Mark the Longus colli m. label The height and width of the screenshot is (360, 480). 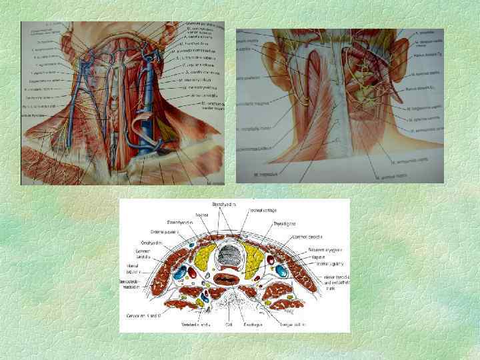tap(295, 325)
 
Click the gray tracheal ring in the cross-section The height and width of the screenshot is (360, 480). tap(231, 254)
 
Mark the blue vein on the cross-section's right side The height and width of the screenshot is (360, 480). tap(281, 271)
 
